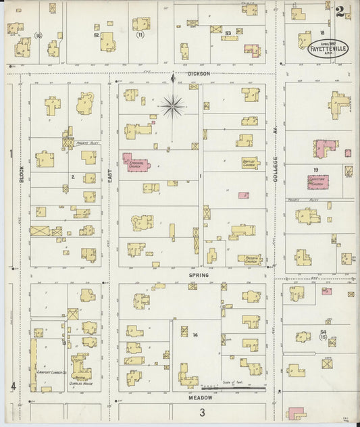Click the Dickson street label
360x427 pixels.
click(199, 73)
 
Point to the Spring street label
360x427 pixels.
click(199, 276)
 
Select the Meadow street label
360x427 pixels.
click(201, 398)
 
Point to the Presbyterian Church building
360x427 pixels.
click(250, 258)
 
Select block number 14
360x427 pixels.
click(195, 335)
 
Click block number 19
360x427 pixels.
click(315, 171)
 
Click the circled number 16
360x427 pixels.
click(38, 35)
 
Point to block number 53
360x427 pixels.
click(228, 32)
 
